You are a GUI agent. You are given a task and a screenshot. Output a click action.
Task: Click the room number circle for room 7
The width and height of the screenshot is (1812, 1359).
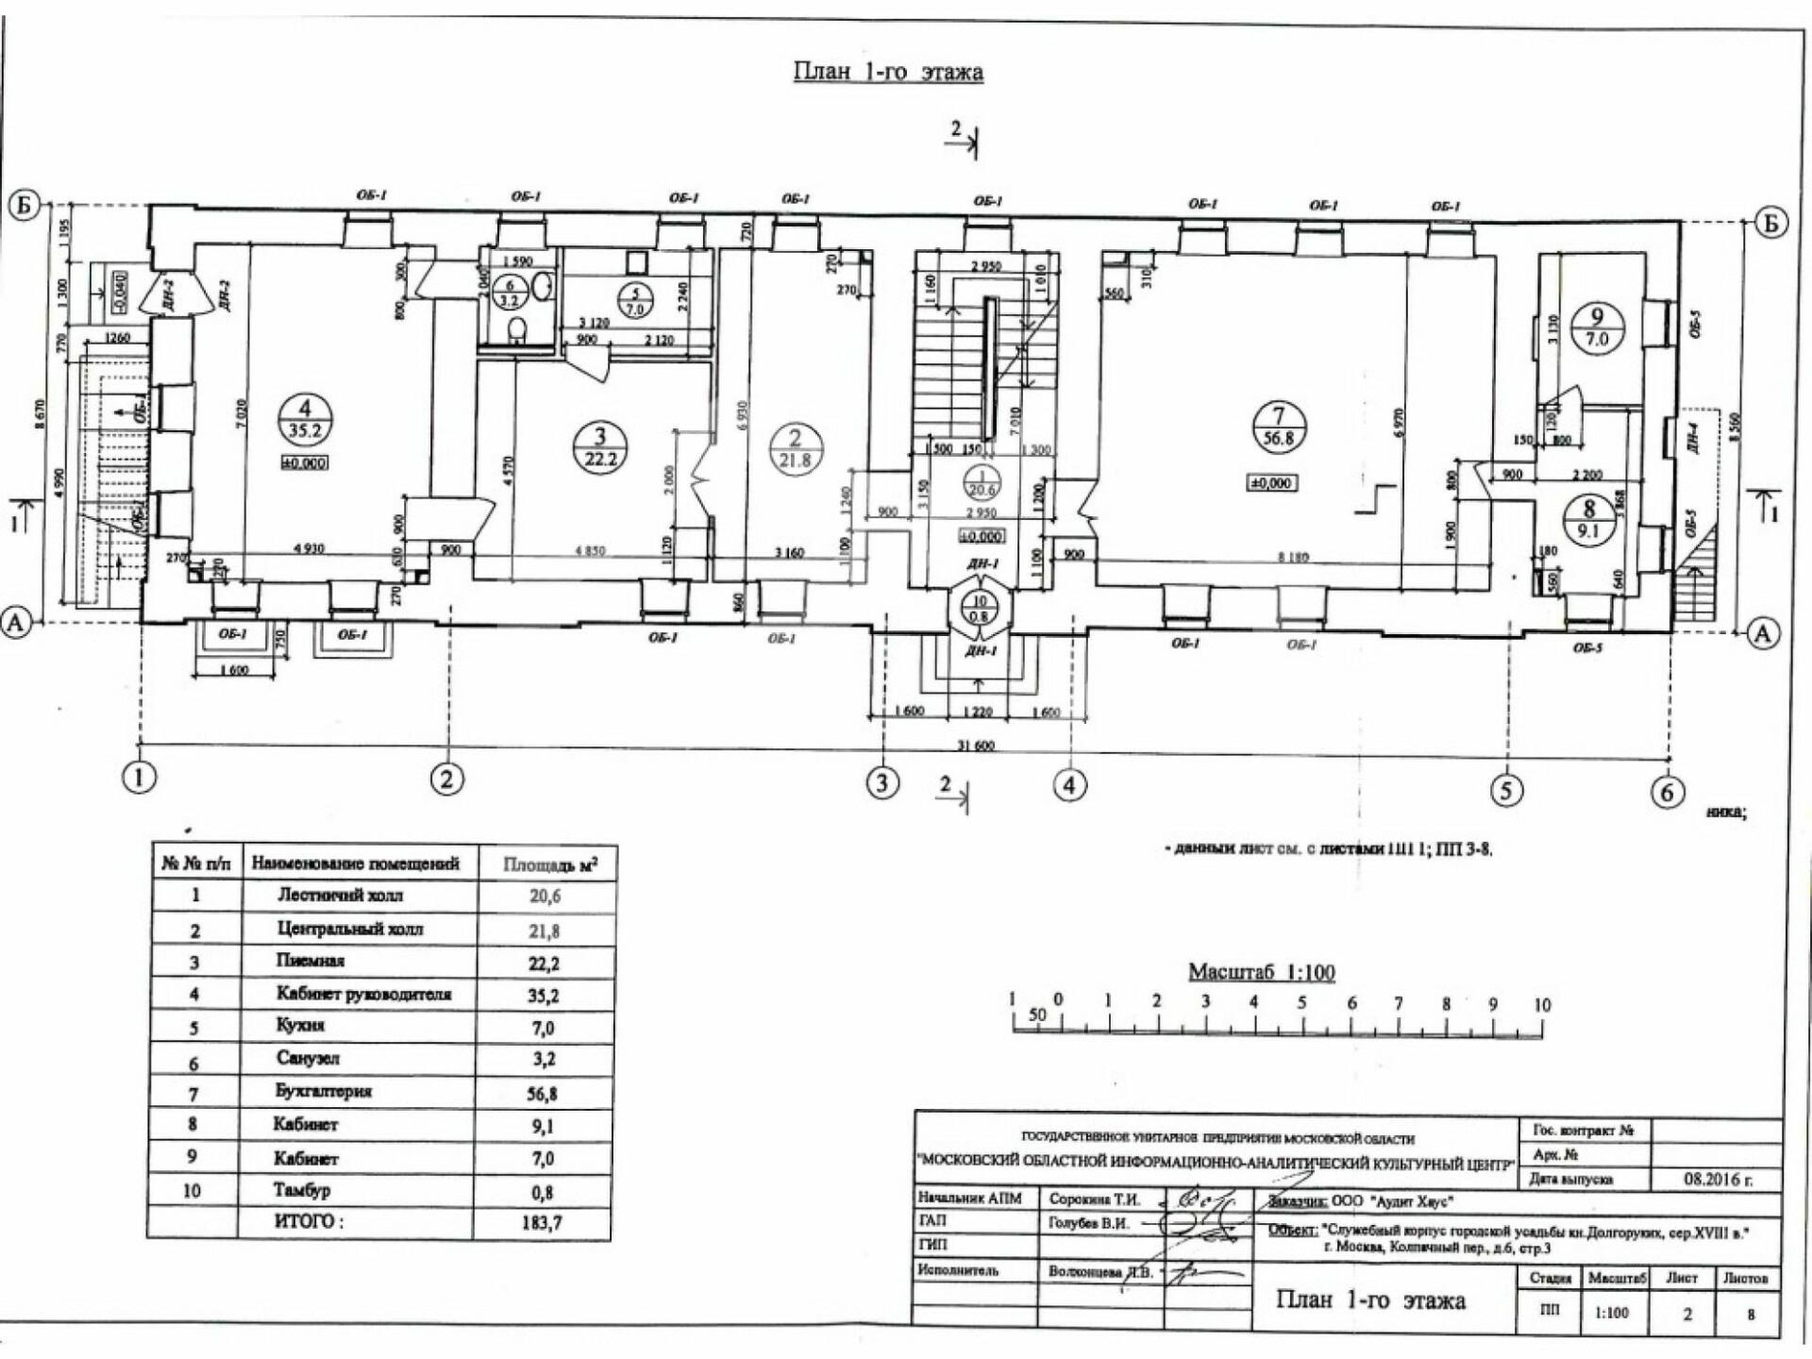tap(1279, 427)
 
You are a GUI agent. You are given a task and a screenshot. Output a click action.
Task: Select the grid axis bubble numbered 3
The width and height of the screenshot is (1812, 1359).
tap(882, 782)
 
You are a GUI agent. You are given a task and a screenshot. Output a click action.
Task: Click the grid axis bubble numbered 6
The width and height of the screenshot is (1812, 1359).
tap(1667, 792)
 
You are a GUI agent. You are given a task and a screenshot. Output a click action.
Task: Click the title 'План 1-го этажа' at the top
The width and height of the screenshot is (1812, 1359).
tap(888, 73)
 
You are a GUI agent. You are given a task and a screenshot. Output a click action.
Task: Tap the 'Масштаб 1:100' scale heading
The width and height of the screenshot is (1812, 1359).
tap(1261, 972)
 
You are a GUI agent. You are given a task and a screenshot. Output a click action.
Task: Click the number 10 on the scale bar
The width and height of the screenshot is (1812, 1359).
tap(1541, 1005)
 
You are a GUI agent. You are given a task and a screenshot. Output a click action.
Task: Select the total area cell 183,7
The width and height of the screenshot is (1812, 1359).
tap(543, 1223)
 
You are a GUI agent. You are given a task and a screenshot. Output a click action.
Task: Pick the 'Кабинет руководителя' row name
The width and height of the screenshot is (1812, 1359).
tap(363, 994)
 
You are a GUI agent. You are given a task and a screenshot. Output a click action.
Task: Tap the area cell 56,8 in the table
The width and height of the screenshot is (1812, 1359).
tap(544, 1093)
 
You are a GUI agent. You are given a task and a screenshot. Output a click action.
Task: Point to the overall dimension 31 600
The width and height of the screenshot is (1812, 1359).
tap(976, 746)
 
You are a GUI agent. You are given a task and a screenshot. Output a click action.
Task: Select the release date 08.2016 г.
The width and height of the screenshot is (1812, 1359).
tap(1718, 1180)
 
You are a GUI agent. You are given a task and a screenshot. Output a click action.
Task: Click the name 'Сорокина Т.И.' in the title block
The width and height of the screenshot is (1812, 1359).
tap(1094, 1200)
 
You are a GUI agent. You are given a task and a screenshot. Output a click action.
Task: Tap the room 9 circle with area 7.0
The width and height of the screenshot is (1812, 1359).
tap(1596, 327)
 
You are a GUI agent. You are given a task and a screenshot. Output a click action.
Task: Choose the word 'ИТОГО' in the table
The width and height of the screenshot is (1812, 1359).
tap(309, 1221)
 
